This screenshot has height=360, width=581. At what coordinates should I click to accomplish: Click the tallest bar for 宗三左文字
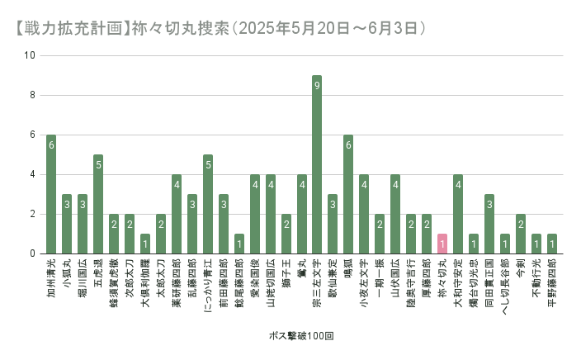tap(317, 165)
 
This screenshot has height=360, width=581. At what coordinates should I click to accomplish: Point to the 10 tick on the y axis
tap(31, 56)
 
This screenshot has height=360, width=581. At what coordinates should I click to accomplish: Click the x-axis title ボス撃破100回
tap(301, 337)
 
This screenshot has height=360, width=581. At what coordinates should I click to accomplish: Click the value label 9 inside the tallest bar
tap(317, 85)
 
